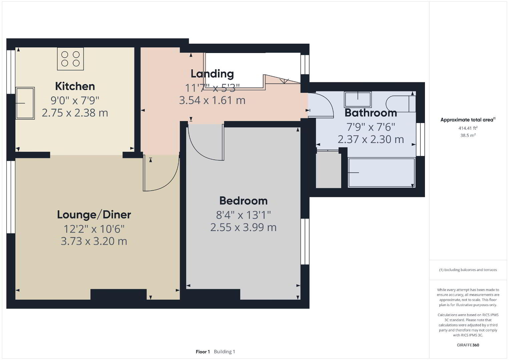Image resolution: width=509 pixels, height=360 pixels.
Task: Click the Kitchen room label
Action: [75, 87]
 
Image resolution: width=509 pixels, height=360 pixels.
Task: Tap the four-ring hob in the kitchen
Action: [70, 59]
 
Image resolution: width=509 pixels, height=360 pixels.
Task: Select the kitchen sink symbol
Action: [25, 103]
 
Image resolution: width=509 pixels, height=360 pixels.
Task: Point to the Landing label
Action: [212, 74]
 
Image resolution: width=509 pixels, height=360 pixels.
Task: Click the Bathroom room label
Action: [371, 113]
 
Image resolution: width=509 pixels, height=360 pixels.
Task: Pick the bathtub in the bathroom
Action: [382, 173]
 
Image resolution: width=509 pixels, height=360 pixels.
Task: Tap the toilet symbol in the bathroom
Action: [401, 104]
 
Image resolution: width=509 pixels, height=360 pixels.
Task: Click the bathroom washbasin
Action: [358, 99]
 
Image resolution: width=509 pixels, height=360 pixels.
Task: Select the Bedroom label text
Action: [243, 201]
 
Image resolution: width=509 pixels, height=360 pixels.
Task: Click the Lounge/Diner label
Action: [94, 215]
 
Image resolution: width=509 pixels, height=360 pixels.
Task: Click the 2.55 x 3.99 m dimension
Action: [243, 227]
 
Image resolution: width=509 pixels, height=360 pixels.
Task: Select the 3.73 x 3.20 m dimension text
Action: [94, 241]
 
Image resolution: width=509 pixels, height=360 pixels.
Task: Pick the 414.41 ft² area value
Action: [468, 128]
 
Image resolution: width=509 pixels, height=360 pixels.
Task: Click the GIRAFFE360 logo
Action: [468, 345]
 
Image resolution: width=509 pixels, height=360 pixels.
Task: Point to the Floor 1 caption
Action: [203, 352]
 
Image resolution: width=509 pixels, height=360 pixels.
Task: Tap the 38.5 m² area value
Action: [468, 135]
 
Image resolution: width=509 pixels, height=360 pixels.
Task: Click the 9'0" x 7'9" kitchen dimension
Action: [75, 100]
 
